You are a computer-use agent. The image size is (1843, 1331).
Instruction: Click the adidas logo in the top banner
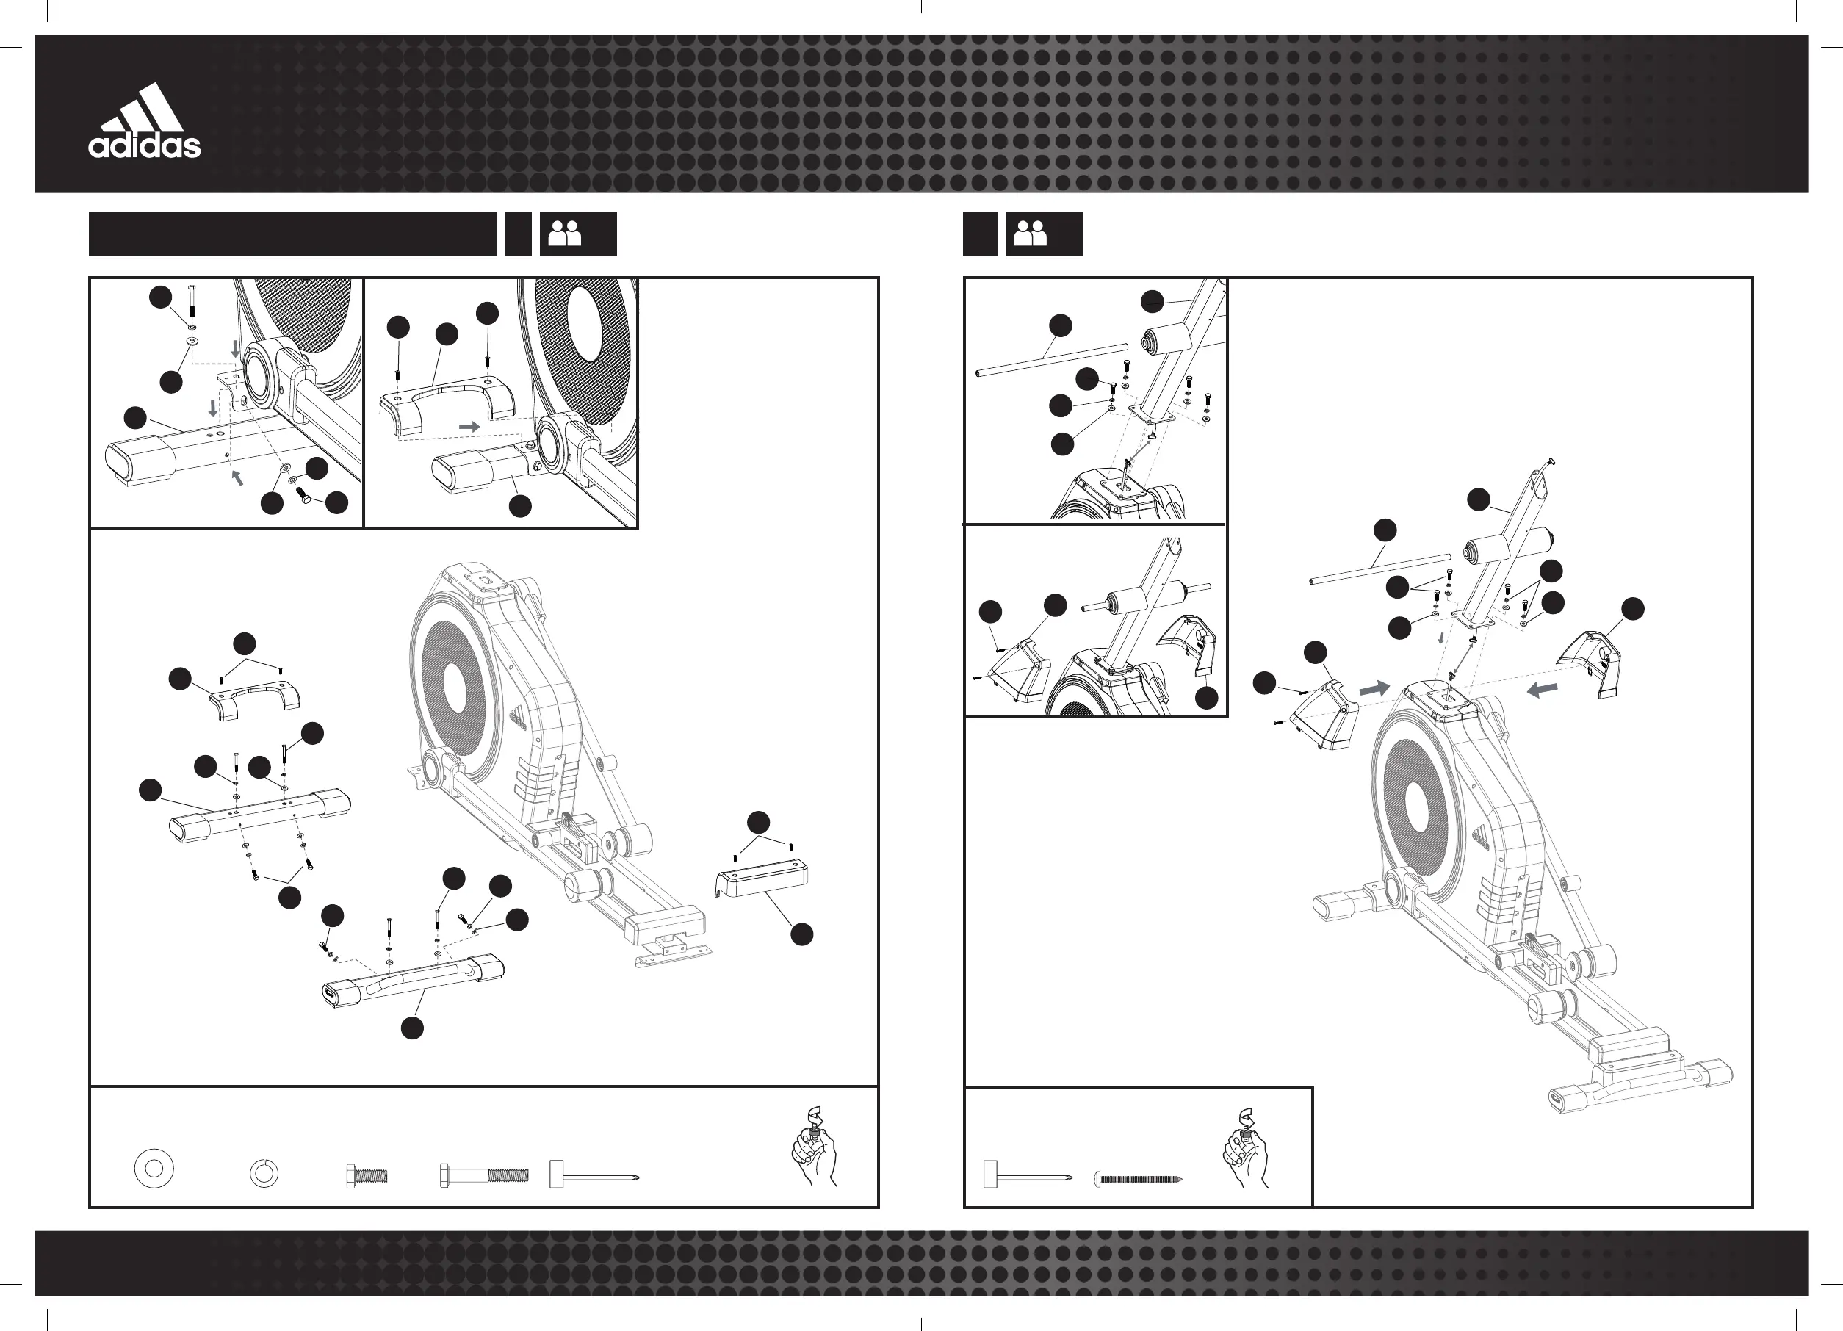145,122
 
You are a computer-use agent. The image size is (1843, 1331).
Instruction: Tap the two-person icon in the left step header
565,234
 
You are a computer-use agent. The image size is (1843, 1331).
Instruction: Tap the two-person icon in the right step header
1031,234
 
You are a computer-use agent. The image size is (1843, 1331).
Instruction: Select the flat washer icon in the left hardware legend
154,1169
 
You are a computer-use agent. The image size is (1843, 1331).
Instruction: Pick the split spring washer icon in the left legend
263,1173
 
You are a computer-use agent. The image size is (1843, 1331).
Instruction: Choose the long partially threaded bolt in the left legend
484,1175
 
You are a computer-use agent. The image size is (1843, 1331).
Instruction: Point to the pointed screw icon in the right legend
1138,1177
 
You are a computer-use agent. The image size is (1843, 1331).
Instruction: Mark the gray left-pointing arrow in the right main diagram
1543,690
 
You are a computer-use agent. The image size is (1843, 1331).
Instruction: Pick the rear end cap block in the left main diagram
762,878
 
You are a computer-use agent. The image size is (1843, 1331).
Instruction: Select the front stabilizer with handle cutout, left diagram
413,981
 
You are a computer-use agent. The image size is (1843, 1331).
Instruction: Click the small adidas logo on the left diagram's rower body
517,718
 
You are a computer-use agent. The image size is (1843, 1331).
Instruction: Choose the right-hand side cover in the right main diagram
1590,664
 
